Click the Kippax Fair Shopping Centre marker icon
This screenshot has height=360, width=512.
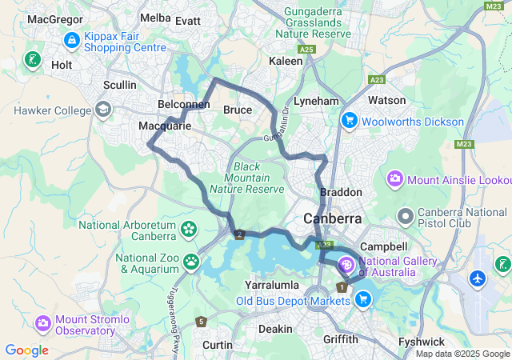coord(71,38)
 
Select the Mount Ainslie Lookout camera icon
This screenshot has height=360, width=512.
coord(394,177)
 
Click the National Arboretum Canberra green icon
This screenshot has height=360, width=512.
coord(189,230)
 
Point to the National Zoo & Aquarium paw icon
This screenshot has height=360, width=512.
coord(191,261)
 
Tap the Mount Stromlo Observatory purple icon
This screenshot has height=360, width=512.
coord(42,323)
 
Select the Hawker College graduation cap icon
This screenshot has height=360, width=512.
coord(103,108)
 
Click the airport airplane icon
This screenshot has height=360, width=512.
coord(478,279)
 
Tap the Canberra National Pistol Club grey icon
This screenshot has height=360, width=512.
coord(406,215)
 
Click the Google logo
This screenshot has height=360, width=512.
coord(26,350)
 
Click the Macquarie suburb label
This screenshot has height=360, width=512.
coord(165,126)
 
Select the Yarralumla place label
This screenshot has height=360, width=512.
coord(271,285)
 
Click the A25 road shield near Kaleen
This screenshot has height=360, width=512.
coord(306,50)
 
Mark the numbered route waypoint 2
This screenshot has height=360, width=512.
coord(239,234)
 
